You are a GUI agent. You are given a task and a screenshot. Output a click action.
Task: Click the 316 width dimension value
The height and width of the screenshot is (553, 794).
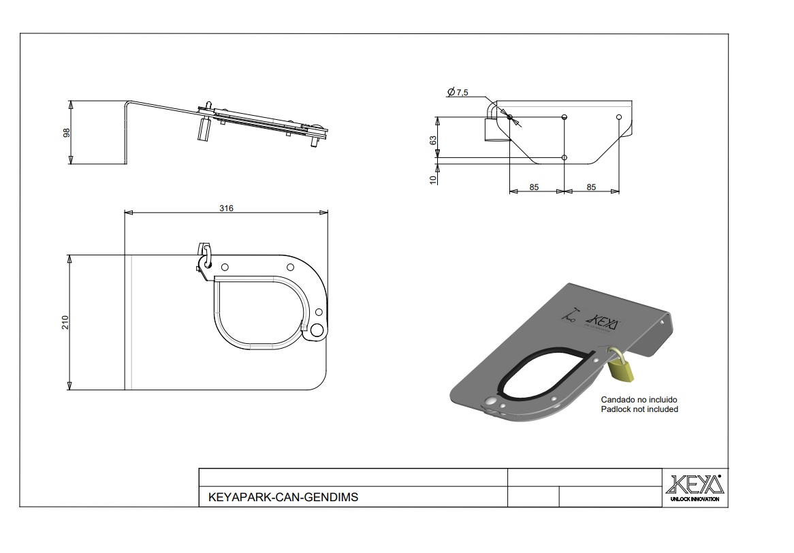226,208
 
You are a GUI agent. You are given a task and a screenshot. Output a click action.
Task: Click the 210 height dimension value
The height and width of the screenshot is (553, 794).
65,322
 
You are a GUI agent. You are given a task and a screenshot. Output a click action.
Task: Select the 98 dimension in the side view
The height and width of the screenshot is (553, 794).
66,133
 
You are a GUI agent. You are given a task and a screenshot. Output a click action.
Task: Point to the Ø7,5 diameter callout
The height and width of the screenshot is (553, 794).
458,92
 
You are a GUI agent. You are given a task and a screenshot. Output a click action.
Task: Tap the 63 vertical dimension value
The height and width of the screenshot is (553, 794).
434,140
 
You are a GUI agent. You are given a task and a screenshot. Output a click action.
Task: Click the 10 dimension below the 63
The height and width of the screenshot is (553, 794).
434,179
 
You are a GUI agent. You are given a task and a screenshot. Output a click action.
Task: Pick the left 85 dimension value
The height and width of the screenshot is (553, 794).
535,187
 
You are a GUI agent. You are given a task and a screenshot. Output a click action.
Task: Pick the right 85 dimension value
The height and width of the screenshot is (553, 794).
592,187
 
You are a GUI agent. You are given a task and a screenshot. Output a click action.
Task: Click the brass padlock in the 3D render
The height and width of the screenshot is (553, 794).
621,366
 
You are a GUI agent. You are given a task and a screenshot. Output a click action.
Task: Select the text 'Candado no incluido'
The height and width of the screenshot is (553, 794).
639,400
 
